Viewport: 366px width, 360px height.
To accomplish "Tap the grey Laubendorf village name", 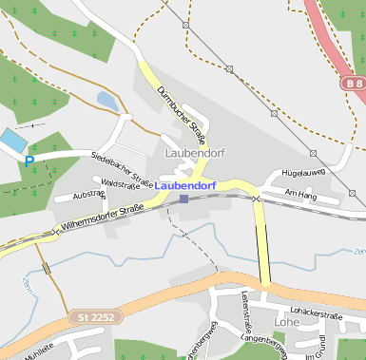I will pos(194,152).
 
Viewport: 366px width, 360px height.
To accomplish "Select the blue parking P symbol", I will pos(29,161).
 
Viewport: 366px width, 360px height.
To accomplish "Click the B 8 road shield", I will pos(354,84).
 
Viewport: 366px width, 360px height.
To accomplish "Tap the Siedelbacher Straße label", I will pos(123,167).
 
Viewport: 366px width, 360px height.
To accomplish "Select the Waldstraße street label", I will pos(121,183).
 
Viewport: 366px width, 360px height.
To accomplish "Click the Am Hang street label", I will pos(299,193).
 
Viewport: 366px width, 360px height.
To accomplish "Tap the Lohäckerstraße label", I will pos(317,314).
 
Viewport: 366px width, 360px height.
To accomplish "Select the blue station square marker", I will pos(183,199).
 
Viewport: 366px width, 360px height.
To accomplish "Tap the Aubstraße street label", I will pos(88,194).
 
